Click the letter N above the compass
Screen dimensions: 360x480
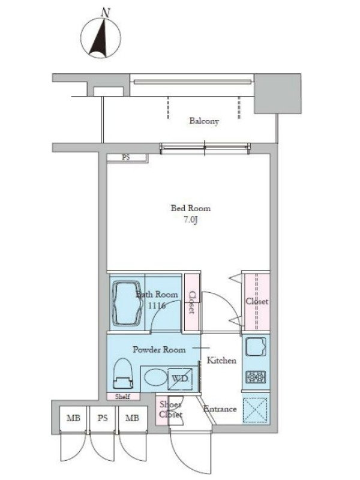[106, 13]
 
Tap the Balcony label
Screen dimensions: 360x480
[204, 121]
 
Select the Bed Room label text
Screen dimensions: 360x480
[190, 208]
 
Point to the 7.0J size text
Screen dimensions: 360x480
[190, 220]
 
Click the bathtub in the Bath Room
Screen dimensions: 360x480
[128, 304]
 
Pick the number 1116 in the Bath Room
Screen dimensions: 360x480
[157, 305]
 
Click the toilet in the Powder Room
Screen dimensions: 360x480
[123, 374]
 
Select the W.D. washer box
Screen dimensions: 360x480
[180, 379]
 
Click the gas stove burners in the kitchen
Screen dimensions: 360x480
[256, 377]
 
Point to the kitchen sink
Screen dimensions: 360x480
[256, 347]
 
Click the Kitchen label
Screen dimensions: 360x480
[221, 361]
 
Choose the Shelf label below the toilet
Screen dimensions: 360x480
[122, 397]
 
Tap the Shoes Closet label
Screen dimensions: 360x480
[170, 410]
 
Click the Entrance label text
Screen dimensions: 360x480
[220, 409]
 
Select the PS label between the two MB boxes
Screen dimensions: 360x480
[103, 418]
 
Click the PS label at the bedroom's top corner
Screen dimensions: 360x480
[126, 157]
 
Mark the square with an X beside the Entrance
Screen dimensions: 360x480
[255, 410]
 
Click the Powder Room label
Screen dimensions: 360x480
[159, 350]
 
